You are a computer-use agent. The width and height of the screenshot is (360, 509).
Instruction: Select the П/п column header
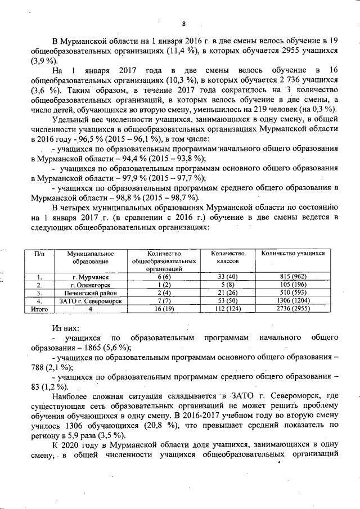coord(39,254)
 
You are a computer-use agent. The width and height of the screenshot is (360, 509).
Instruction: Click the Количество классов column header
coord(227,258)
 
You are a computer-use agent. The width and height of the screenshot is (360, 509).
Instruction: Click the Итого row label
coord(39,309)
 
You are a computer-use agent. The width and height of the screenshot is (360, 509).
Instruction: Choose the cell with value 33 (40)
coord(227,277)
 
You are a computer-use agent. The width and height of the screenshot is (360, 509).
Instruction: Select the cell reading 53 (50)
coord(227,301)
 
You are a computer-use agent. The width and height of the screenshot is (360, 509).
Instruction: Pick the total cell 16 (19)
coord(164,309)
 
